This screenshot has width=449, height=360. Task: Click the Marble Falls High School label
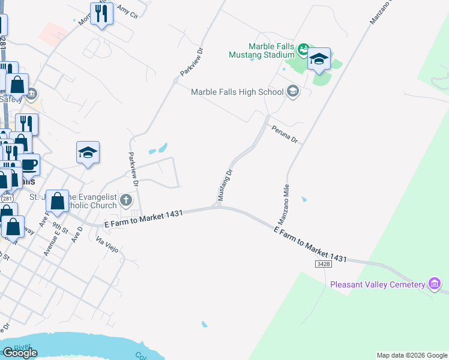237,92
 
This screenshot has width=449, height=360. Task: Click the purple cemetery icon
434,284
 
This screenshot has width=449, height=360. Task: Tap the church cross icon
125,199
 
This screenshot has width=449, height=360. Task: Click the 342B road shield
323,264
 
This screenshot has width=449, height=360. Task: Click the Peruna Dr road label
284,134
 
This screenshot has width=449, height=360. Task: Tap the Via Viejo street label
108,242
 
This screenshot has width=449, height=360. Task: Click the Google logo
20,353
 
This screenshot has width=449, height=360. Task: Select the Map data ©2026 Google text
411,355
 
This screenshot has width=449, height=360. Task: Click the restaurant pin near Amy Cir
102,14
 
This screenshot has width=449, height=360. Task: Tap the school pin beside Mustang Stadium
319,59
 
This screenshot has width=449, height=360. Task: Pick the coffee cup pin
28,164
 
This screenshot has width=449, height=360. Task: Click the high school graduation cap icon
293,92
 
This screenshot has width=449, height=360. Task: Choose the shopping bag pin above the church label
58,200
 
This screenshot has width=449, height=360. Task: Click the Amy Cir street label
128,12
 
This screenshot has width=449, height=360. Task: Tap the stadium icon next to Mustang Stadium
304,48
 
